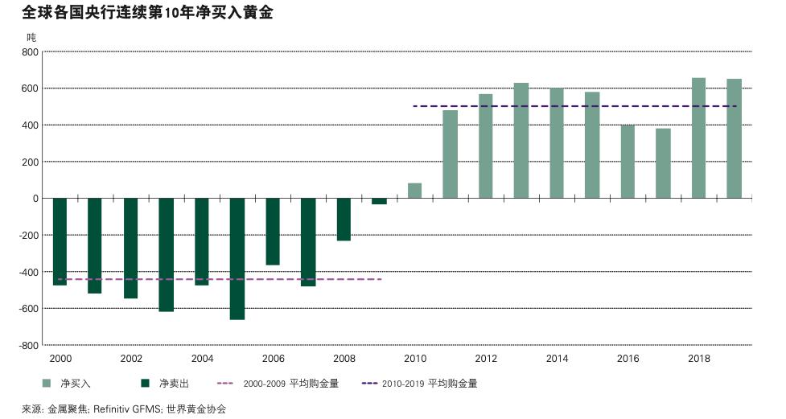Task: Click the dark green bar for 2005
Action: coord(237,258)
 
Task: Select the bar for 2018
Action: coord(698,138)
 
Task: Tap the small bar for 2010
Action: coord(414,191)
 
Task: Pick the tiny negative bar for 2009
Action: coord(379,201)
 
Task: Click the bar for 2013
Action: coord(521,140)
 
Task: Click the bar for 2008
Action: coord(344,219)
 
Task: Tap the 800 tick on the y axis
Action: coord(30,51)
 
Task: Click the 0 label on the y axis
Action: coord(35,199)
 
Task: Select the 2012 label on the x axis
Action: coord(486,359)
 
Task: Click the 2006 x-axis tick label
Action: coord(273,359)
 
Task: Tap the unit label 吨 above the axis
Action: coord(31,37)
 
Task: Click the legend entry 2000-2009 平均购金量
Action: coord(290,384)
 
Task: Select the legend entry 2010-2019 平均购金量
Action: coord(430,384)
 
